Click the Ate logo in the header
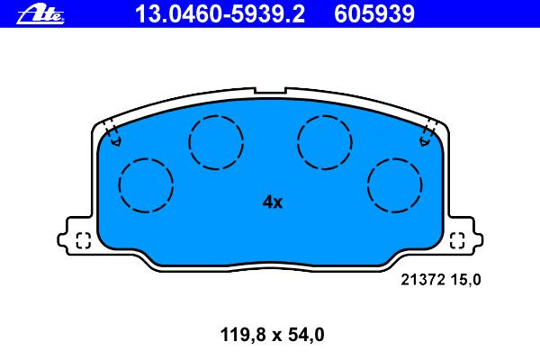point(40,14)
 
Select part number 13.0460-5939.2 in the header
point(220,14)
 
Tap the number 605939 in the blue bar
point(374,14)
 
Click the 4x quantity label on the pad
point(273,202)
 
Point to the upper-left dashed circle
point(216,116)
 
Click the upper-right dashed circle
point(325,116)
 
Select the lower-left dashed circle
point(146,158)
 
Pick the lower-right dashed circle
point(395,158)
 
